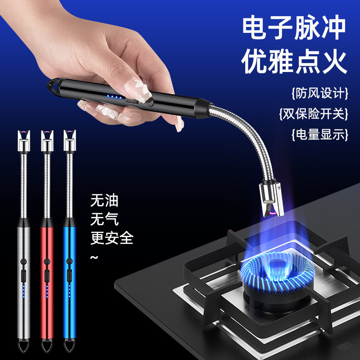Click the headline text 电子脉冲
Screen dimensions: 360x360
point(294,29)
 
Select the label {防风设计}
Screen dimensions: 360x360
point(320,94)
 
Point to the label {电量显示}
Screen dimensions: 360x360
point(320,134)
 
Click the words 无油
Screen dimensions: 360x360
point(104,200)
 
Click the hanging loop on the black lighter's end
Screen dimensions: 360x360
point(50,85)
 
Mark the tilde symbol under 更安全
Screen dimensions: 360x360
point(94,257)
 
